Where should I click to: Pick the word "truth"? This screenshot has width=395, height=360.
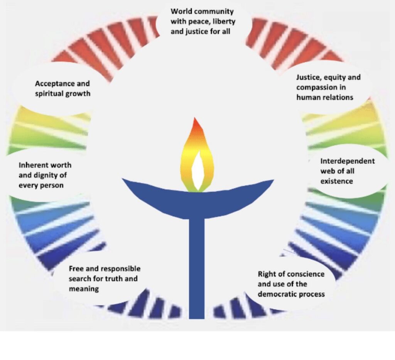(114, 279)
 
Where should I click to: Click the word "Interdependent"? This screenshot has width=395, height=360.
(347, 161)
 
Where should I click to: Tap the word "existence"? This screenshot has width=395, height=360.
(336, 181)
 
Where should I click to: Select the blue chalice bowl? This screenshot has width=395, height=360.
(197, 200)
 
